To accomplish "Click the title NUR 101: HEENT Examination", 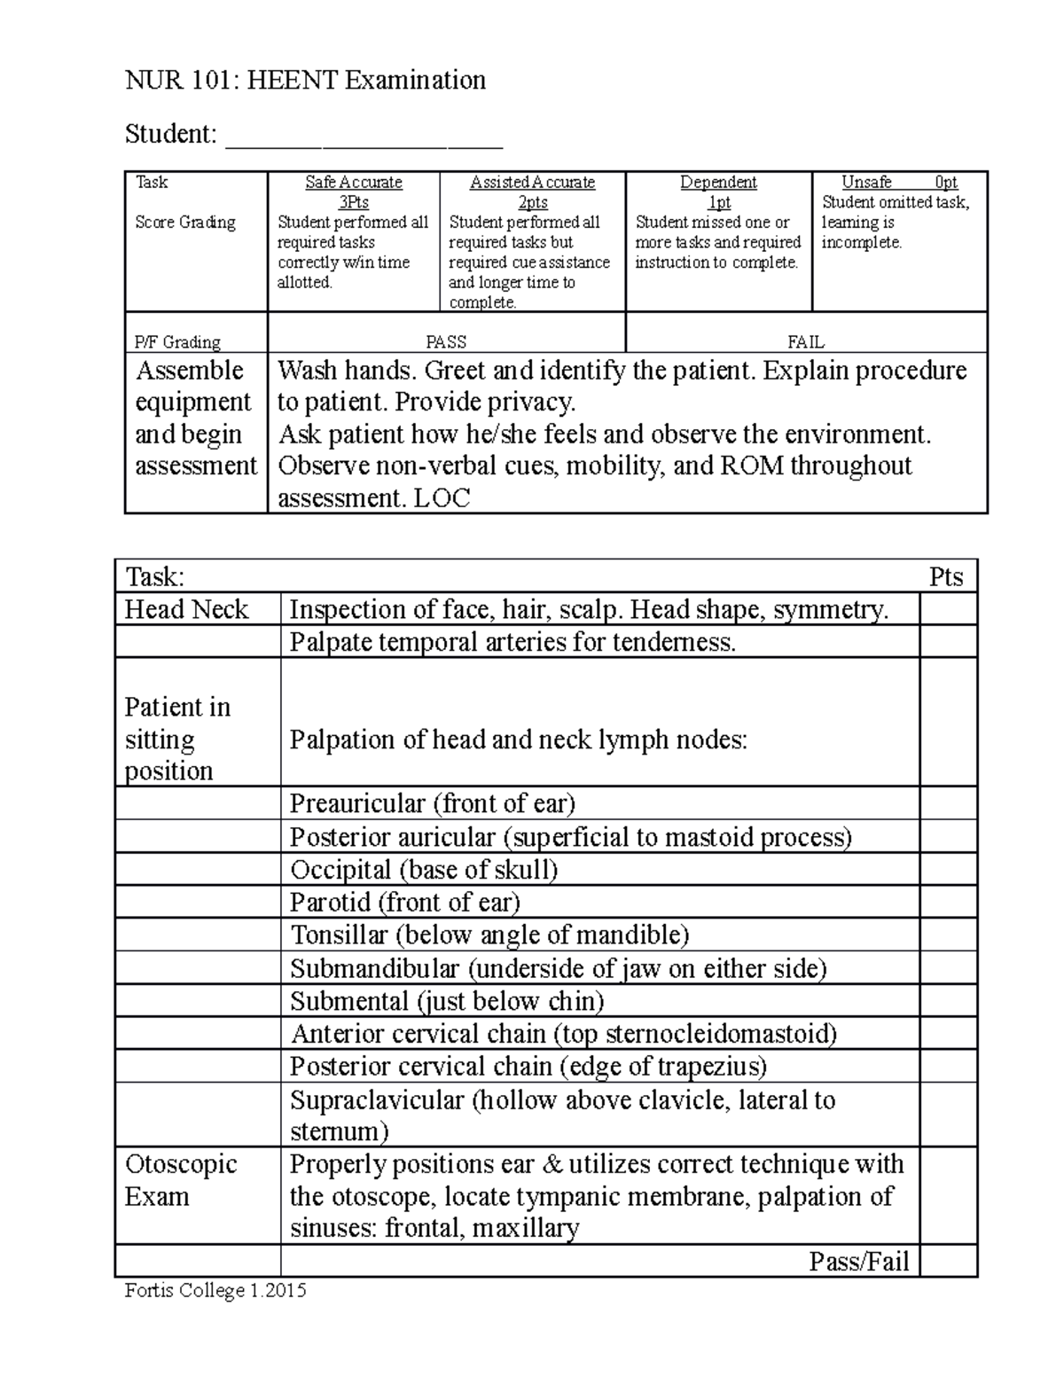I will click(x=305, y=81).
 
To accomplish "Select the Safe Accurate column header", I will click(x=353, y=183).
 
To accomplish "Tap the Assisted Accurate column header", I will click(x=532, y=183).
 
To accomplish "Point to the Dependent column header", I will click(x=718, y=183).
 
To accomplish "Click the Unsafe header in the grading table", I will click(x=866, y=183).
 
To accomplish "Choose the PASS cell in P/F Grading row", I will click(x=446, y=341).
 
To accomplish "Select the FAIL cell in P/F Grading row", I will click(x=806, y=341).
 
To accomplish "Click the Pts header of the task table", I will click(x=946, y=577).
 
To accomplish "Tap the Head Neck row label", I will click(x=187, y=610).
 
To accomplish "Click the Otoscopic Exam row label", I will click(x=181, y=1180).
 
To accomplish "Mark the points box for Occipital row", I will click(x=948, y=870).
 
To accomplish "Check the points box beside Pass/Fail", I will click(x=948, y=1261).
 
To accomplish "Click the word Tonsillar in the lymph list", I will click(x=340, y=935).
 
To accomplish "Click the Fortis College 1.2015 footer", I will click(x=215, y=1291).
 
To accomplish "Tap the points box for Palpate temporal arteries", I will click(x=948, y=642).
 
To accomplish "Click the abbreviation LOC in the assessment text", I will click(x=441, y=498).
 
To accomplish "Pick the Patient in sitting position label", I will click(x=177, y=739).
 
